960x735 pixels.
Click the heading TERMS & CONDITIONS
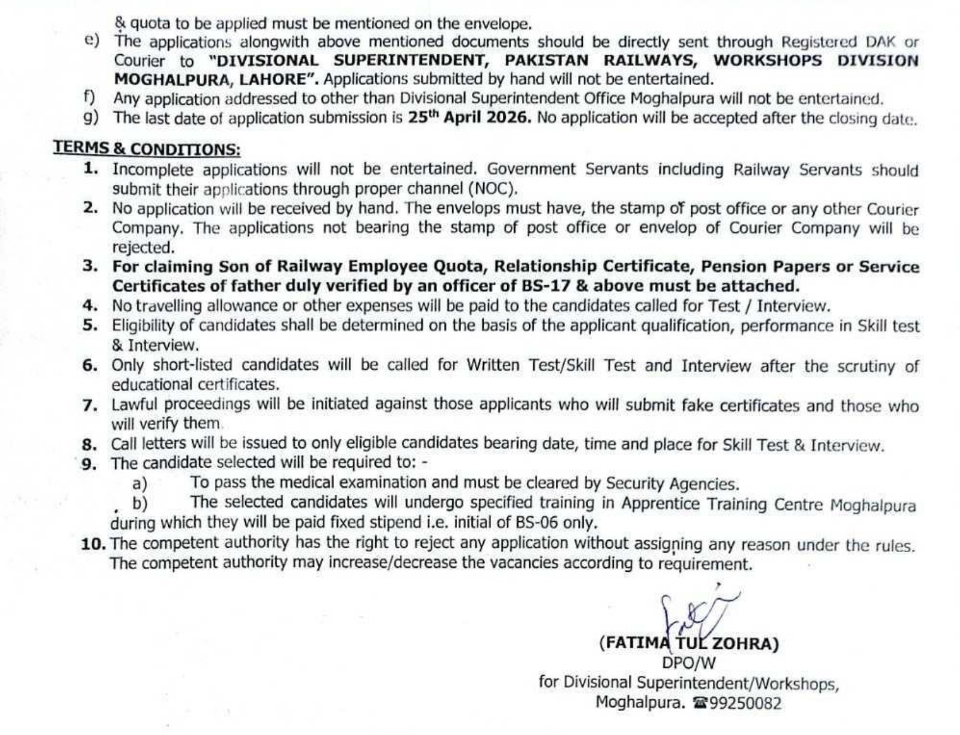tap(147, 148)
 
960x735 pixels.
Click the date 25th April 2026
tap(469, 118)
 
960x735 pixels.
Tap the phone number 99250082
tap(746, 704)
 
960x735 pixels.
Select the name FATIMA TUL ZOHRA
tap(689, 644)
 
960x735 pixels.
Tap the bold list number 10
tap(94, 543)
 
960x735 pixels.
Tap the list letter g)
tap(91, 118)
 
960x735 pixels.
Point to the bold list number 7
tap(90, 405)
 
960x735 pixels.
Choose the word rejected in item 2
tap(143, 248)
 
